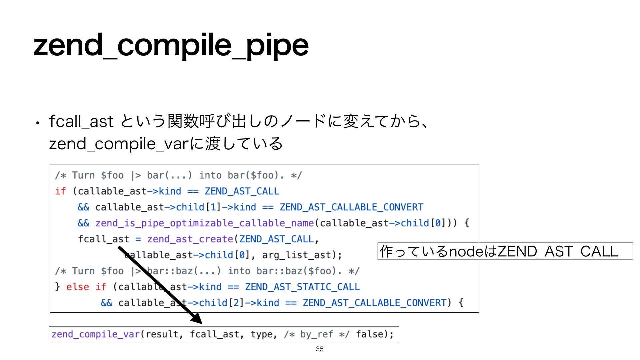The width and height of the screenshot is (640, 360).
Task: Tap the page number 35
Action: [320, 349]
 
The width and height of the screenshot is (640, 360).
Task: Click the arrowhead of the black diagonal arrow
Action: [197, 319]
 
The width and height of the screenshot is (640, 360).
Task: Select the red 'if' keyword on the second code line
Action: [60, 191]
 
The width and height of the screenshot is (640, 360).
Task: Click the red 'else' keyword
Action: [78, 287]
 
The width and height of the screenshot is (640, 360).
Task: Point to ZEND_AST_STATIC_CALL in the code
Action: [302, 287]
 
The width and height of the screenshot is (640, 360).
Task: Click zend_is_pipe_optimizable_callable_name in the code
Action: [204, 223]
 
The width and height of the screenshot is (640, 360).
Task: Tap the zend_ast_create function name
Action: [190, 239]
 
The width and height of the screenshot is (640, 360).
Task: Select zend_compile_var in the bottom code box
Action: [96, 334]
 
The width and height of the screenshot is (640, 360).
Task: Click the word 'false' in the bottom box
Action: [370, 334]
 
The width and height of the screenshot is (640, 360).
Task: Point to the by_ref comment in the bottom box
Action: [316, 334]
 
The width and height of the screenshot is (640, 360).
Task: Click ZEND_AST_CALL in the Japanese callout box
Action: [557, 251]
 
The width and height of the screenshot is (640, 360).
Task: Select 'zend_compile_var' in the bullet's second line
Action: [119, 144]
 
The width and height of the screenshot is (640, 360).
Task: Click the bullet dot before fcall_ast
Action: [38, 123]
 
